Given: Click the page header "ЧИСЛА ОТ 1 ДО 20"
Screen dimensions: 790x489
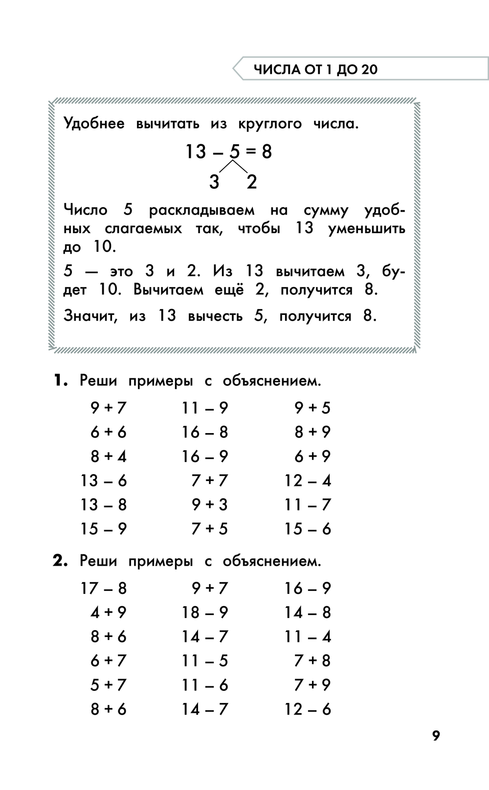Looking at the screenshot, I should click(x=315, y=69).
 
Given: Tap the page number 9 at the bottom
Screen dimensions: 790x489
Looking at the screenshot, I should click(x=436, y=735).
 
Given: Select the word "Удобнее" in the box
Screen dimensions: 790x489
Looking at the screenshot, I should click(x=94, y=124).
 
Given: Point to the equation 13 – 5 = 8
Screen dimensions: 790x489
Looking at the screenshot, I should click(x=228, y=152).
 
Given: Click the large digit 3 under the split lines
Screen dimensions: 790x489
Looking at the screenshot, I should click(x=214, y=182).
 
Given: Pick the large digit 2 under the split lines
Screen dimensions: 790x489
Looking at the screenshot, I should click(x=252, y=182).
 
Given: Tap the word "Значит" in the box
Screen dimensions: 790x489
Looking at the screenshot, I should click(x=90, y=316).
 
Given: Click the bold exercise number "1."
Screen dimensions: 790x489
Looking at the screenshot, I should click(x=61, y=380).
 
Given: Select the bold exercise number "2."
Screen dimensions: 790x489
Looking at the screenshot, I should click(x=61, y=561).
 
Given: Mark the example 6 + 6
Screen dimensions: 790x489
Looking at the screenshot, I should click(x=109, y=432).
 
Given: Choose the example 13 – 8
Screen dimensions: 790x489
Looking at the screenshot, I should click(x=104, y=505).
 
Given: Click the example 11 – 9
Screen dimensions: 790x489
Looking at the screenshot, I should click(x=205, y=408).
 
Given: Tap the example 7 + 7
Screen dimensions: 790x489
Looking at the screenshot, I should click(x=210, y=481).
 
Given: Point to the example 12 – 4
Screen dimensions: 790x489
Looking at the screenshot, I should click(x=308, y=481).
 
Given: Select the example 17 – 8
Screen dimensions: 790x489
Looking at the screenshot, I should click(x=104, y=588).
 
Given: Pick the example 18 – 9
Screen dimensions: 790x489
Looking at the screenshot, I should click(x=205, y=612).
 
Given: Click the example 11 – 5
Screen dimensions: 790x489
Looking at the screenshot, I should click(x=205, y=661).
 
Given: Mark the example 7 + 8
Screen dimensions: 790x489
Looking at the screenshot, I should click(x=312, y=661).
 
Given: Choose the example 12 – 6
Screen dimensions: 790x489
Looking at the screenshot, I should click(x=308, y=709).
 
